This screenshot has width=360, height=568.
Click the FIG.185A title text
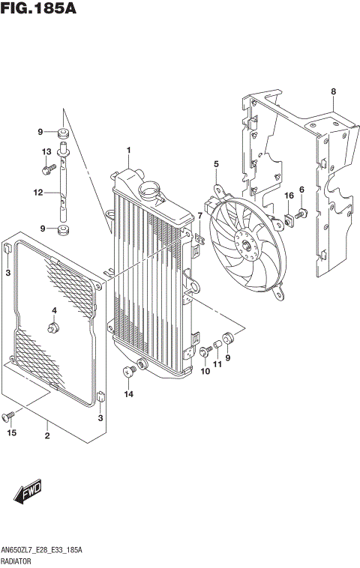39,10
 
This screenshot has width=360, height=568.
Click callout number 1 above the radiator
128,151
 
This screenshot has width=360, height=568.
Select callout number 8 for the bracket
333,92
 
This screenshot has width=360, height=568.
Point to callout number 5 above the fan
216,164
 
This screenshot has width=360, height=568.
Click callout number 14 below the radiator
128,393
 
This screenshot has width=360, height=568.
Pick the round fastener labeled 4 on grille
54,327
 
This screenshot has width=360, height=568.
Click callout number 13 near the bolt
46,152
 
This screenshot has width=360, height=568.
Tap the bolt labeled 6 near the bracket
298,215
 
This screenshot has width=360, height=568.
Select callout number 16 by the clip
288,196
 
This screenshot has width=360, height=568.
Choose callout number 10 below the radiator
203,372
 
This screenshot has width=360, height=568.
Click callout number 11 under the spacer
217,365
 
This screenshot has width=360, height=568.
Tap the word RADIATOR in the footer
18,559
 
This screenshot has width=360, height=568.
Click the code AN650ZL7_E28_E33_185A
42,549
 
